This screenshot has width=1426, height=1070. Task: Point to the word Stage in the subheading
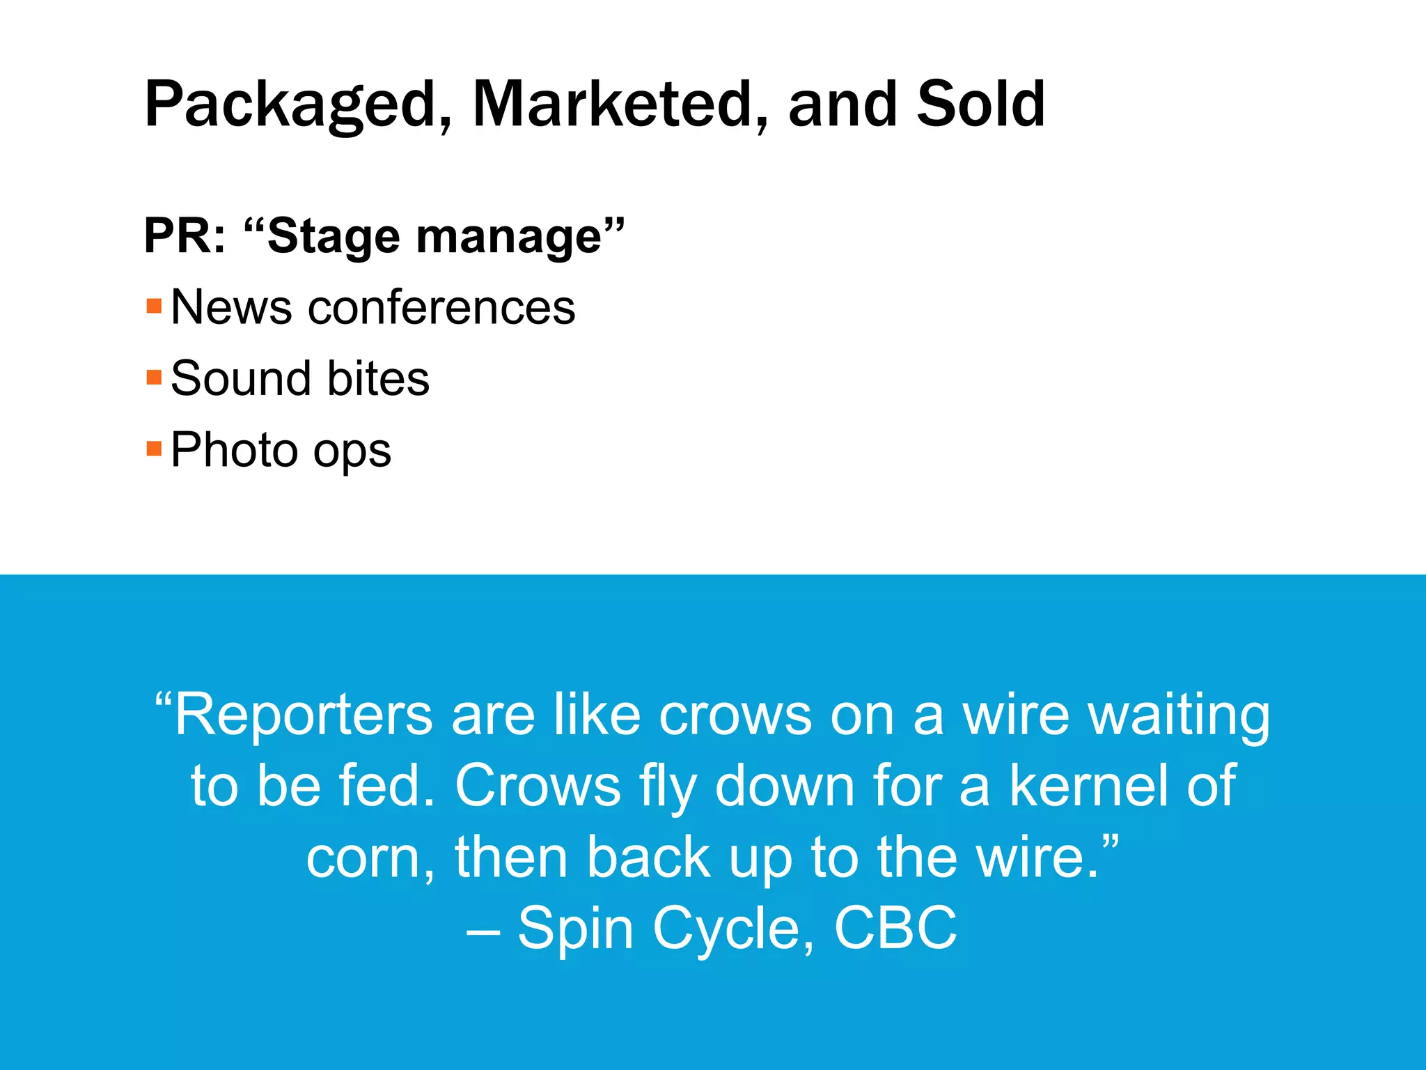tap(333, 236)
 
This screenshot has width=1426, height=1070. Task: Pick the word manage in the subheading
tap(508, 236)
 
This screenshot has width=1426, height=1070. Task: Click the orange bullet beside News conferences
tap(154, 307)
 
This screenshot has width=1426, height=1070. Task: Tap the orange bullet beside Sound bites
tap(154, 378)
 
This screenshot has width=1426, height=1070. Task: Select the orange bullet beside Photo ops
tap(154, 449)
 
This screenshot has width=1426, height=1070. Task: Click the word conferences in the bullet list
tap(441, 307)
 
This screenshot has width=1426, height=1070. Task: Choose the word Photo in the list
tap(233, 450)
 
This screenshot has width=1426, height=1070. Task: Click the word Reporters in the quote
tap(303, 715)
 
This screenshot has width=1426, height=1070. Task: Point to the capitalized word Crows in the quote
tap(538, 786)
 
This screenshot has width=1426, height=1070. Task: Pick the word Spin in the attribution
tap(575, 929)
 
